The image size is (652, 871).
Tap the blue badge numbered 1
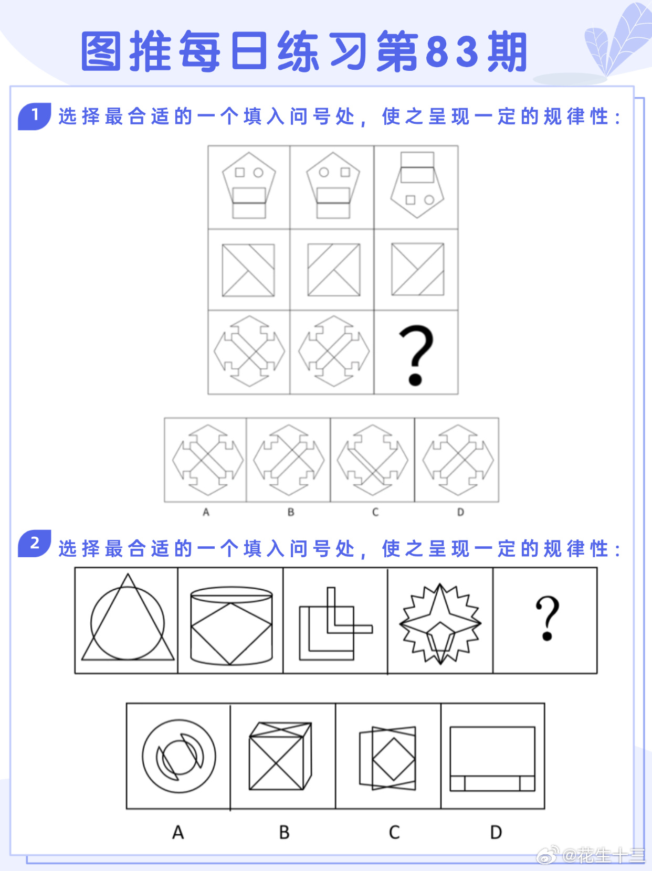click(x=35, y=116)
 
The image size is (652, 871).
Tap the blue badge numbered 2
click(x=35, y=543)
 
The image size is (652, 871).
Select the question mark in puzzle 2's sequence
click(x=548, y=618)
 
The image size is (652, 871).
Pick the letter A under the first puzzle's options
click(x=206, y=512)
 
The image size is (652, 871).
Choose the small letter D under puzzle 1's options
click(x=460, y=512)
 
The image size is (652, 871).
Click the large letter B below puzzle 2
click(x=284, y=833)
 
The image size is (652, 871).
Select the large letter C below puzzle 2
click(x=394, y=833)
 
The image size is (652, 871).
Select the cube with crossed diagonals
click(x=280, y=756)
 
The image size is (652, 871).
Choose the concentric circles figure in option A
click(x=179, y=756)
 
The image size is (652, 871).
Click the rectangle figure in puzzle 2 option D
click(x=492, y=759)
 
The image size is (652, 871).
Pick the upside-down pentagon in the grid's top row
click(x=417, y=185)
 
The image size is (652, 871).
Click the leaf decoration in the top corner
click(x=617, y=40)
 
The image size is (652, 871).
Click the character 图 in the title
click(x=101, y=51)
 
